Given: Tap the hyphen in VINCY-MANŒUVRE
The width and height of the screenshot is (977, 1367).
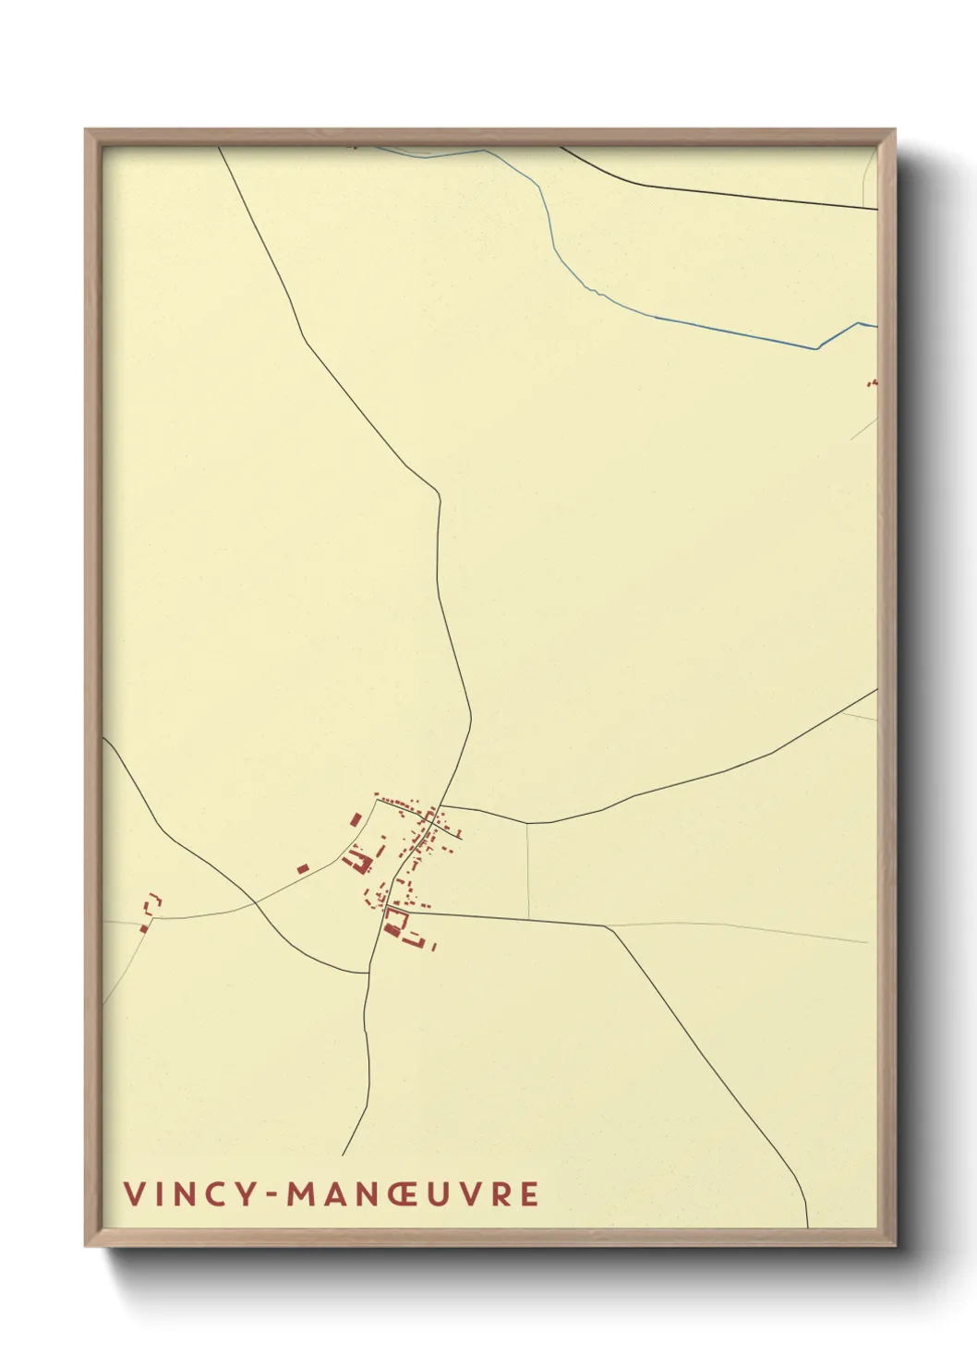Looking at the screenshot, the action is [273, 1195].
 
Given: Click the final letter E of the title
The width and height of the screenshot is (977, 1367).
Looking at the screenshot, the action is [529, 1194].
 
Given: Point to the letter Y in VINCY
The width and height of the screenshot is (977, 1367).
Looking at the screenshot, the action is [244, 1194].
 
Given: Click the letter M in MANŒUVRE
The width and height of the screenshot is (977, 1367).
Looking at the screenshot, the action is [302, 1194].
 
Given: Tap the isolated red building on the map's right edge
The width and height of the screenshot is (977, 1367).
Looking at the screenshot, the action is [873, 381].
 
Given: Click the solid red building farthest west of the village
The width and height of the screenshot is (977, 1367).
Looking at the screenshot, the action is [303, 868].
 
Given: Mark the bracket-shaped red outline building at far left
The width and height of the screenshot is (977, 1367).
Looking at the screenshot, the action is [154, 901].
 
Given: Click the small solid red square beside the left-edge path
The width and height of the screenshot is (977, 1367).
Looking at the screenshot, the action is [144, 928].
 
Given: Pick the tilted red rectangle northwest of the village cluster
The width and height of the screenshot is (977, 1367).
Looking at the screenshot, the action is [356, 818].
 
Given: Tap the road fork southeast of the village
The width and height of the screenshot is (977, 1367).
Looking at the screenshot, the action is [608, 926].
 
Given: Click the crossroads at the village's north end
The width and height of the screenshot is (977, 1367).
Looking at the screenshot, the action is [440, 806].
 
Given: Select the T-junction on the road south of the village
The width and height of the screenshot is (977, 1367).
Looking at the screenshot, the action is [368, 974].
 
